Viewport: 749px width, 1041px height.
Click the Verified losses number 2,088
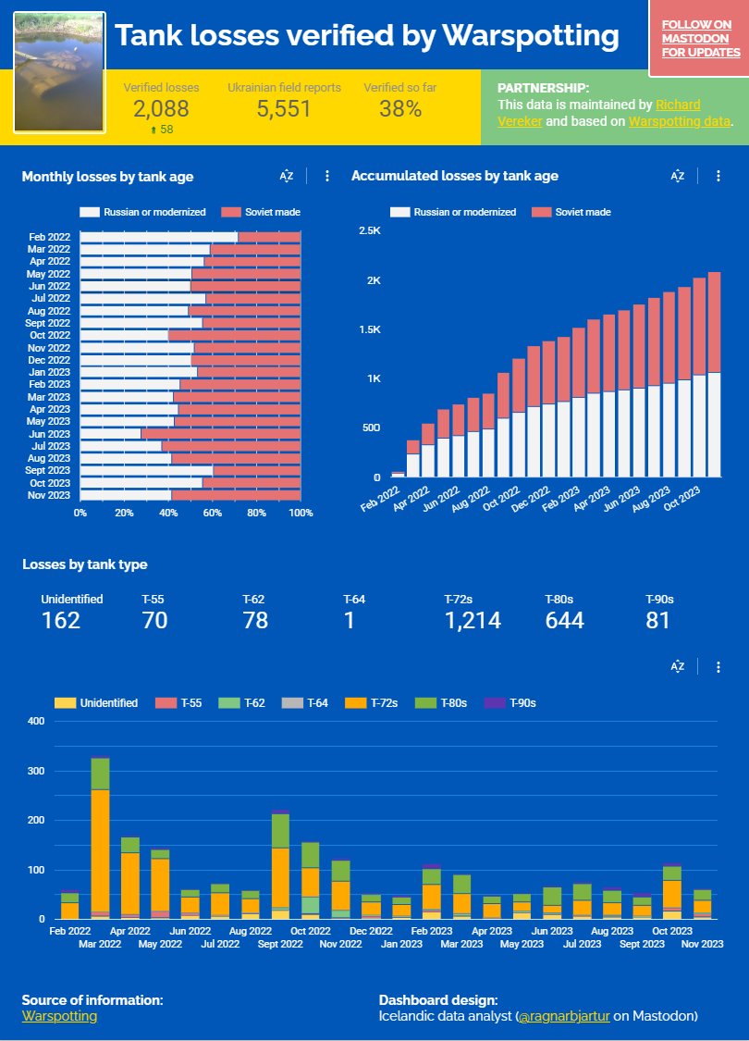(161, 109)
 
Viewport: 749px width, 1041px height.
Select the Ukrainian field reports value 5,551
(284, 109)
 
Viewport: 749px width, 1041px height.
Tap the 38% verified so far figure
(400, 109)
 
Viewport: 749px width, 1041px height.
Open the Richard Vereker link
(677, 105)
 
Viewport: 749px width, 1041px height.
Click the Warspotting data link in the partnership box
(679, 121)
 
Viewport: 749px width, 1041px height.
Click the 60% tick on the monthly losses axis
(213, 513)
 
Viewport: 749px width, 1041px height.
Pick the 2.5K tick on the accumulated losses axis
(369, 230)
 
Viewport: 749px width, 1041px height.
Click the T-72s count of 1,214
(473, 621)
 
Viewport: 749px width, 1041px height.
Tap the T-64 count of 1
(350, 621)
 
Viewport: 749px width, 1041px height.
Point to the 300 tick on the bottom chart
(36, 771)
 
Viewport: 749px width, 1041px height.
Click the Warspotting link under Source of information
(59, 1016)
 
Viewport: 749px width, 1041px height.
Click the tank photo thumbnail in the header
(59, 72)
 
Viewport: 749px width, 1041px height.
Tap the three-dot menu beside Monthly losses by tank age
(327, 176)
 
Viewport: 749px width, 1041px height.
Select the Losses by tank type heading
(85, 564)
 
